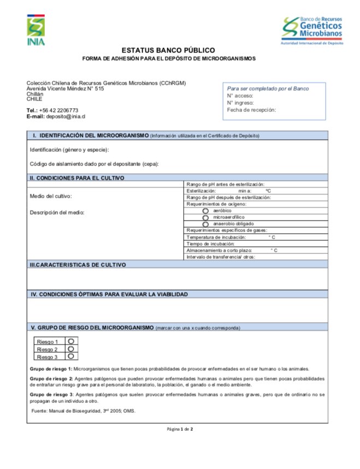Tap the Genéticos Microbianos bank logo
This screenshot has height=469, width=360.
click(312, 31)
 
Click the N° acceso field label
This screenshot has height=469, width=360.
click(240, 96)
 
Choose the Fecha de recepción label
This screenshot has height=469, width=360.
click(251, 110)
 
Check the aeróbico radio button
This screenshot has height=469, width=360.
click(205, 210)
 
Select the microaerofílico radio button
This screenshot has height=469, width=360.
click(205, 217)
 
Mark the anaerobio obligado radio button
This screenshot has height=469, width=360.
click(205, 224)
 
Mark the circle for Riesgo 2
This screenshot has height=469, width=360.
click(71, 349)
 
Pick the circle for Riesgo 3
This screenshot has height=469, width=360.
click(71, 356)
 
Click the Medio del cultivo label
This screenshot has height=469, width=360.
click(51, 195)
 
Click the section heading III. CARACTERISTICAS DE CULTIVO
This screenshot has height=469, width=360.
click(78, 264)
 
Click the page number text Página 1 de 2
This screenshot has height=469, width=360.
click(180, 429)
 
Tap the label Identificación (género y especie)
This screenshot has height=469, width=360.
click(69, 150)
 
